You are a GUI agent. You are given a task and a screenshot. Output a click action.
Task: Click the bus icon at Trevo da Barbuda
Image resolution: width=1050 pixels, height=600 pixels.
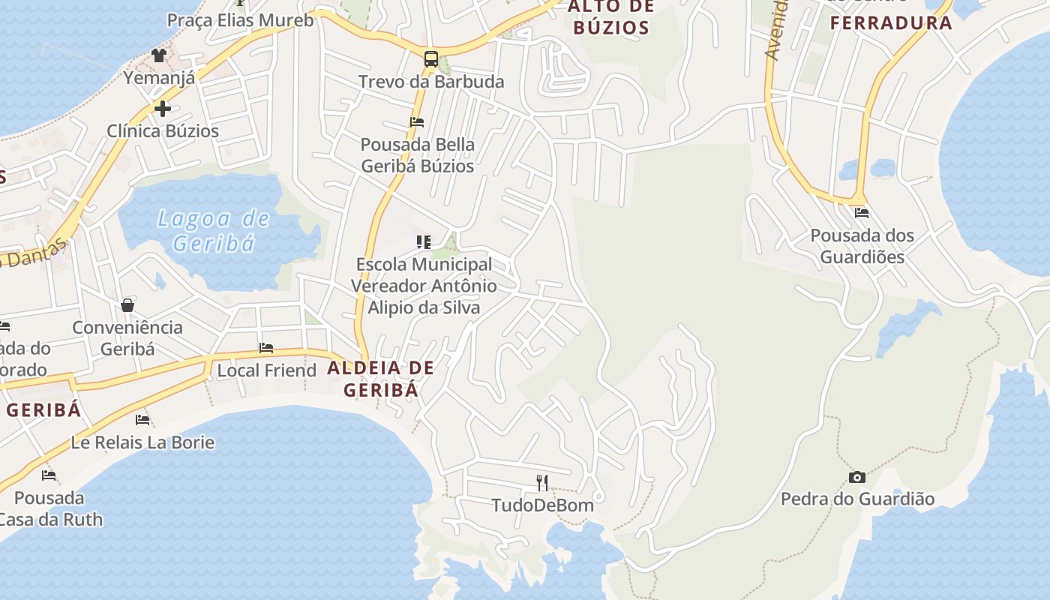coord(430,58)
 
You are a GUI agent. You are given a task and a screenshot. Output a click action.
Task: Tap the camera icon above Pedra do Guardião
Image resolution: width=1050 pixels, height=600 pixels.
coord(856,477)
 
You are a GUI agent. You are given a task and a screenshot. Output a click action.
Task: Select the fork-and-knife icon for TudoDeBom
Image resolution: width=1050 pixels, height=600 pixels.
coord(542,482)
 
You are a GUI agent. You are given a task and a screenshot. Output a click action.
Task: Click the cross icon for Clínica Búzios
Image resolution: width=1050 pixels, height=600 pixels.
coord(162,109)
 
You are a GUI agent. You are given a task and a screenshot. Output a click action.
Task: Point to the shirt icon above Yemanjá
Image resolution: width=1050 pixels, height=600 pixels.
coord(158,55)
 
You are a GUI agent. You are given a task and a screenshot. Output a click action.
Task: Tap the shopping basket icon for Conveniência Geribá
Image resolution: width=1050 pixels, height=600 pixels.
coord(127,305)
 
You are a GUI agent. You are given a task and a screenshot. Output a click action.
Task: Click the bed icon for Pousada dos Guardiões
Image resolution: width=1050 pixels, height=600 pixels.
coord(861,213)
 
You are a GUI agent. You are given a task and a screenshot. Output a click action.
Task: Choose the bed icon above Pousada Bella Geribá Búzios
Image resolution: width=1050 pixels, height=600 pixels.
coord(417,121)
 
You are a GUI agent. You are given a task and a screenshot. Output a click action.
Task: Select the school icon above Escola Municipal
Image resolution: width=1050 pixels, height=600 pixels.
coord(424,242)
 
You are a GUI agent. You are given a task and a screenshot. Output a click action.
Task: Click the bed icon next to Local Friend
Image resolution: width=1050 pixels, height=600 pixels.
coord(266,348)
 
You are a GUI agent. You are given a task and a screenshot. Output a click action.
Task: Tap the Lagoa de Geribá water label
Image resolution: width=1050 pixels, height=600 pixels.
coord(214,230)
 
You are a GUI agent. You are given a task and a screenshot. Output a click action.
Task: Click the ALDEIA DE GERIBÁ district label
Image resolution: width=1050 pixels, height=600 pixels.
coord(380,379)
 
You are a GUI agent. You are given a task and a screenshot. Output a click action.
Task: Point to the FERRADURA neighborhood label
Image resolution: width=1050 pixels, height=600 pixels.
coord(891,22)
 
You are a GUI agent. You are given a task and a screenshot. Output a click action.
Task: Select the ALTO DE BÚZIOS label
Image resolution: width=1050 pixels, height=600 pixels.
coord(610,17)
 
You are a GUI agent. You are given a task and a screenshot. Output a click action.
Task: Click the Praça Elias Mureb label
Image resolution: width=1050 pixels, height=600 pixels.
coord(240,19)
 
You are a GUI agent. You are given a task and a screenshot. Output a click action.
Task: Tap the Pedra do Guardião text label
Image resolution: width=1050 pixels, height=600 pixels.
coord(857,499)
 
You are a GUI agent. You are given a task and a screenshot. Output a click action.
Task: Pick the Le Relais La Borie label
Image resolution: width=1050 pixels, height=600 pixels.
coord(142,442)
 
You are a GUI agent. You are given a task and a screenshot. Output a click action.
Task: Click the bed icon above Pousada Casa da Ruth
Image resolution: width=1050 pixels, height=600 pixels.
coord(49,475)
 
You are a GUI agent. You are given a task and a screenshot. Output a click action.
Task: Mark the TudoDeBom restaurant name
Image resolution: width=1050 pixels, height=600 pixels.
coord(542,505)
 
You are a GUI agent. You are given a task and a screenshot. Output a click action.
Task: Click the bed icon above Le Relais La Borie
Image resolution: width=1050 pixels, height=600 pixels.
coord(142,420)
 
